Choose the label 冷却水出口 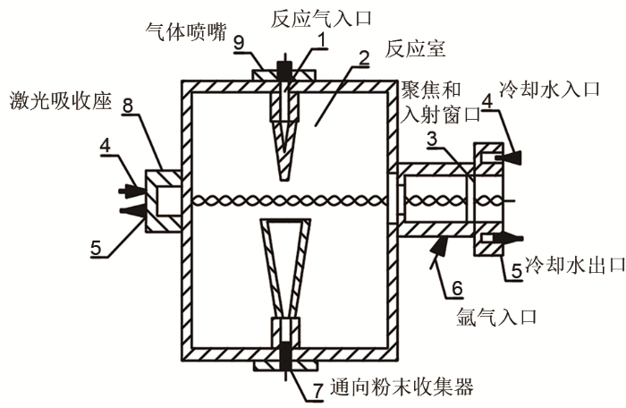571,265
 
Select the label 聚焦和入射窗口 432,101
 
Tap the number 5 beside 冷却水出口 516,266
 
